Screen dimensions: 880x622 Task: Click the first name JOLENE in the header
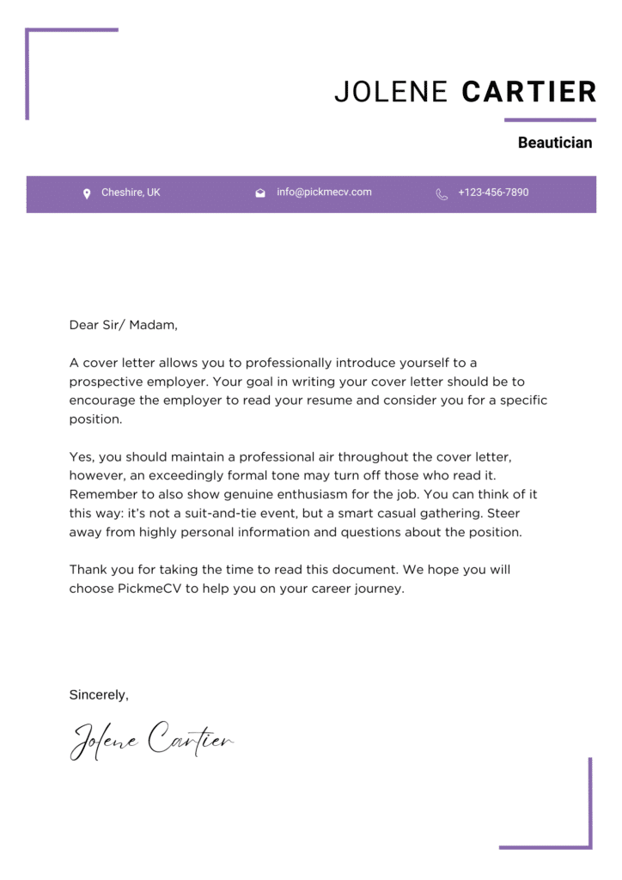(391, 92)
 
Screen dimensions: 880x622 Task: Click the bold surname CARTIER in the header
(528, 92)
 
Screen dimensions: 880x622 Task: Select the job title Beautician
(554, 143)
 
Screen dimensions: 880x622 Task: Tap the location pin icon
(87, 193)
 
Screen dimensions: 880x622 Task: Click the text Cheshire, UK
(131, 192)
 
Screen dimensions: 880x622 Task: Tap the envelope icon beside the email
(260, 193)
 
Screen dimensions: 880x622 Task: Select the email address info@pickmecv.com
(324, 192)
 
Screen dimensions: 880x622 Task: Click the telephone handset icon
(442, 194)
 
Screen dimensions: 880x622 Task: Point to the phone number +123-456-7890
(493, 192)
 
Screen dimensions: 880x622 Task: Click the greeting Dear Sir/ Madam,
(123, 325)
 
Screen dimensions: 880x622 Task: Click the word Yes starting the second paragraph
(80, 456)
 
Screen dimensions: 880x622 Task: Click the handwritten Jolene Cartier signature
(151, 741)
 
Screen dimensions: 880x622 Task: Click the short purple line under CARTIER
(550, 119)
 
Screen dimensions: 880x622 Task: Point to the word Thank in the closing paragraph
(88, 570)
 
